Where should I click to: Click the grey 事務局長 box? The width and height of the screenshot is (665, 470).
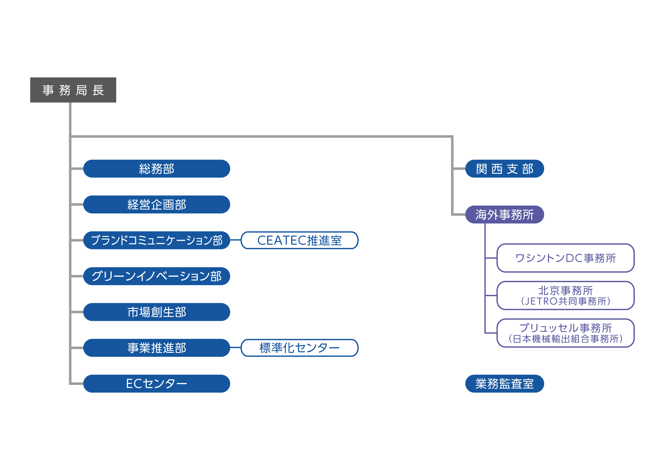tap(73, 90)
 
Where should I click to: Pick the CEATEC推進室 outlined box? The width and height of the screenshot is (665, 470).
tap(300, 240)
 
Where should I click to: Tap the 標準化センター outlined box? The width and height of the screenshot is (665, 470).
tap(300, 348)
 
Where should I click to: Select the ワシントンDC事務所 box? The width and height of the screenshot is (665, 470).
tap(565, 258)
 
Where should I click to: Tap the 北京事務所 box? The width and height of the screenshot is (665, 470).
tap(565, 295)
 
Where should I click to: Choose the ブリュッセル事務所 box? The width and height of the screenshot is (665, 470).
tap(565, 333)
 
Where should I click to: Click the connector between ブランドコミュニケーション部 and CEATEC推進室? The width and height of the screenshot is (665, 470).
tap(235, 240)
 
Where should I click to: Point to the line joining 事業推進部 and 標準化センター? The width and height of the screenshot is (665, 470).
tap(235, 348)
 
